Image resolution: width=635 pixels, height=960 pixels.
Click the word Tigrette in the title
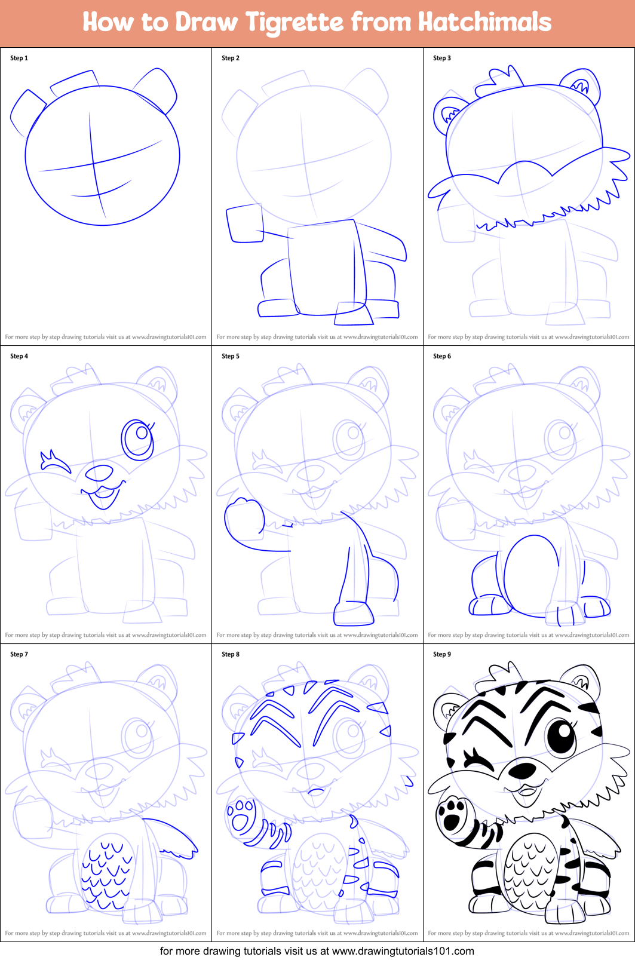295,23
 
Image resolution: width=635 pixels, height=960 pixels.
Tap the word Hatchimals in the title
484,22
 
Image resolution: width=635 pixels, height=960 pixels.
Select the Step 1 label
19,58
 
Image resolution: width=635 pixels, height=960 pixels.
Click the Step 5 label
231,356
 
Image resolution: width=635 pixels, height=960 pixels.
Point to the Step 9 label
442,654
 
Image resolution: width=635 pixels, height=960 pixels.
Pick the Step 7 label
19,654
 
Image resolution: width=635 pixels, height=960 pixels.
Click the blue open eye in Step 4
139,438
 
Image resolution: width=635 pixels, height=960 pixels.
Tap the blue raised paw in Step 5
243,517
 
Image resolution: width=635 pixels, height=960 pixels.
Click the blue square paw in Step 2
245,224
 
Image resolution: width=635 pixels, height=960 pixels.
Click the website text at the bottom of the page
317,951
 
